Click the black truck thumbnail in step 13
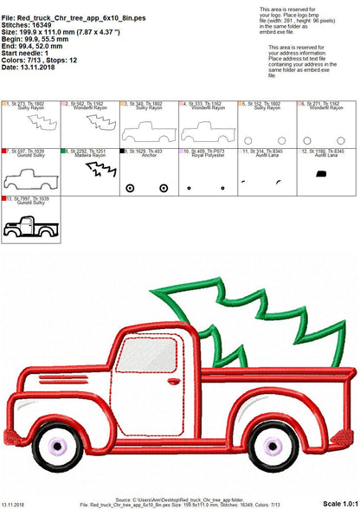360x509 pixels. [33, 229]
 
